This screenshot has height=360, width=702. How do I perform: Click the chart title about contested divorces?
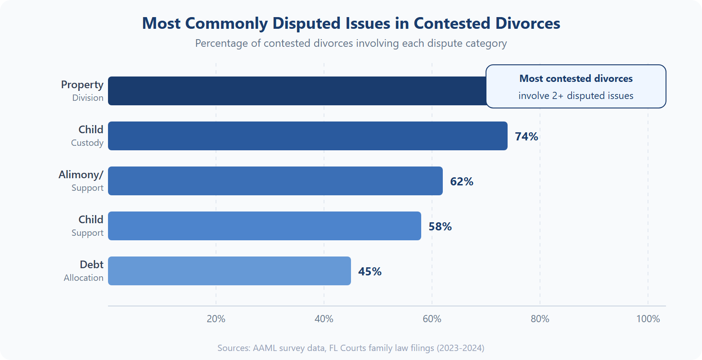coord(351,23)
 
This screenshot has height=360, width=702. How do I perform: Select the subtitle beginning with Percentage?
coord(351,44)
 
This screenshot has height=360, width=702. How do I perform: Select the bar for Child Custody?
coord(308,136)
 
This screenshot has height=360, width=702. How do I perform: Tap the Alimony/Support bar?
coord(275,181)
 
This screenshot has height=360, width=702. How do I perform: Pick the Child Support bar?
coord(265,226)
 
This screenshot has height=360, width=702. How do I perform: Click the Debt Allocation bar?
coord(229,271)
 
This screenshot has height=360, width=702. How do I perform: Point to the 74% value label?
coord(526,136)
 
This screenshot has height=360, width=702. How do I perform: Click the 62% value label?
coord(462,181)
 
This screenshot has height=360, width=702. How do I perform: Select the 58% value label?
coord(440,226)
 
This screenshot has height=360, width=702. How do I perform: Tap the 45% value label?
coord(370,271)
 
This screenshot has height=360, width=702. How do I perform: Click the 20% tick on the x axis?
coord(216,319)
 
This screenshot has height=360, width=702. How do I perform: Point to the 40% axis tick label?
coord(324,319)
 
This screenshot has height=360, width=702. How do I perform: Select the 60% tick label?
coord(432,319)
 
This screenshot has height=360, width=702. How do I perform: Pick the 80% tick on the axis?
coord(540,319)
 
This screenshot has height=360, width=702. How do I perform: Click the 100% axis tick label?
coord(648,319)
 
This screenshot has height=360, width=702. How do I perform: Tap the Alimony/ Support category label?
coord(81,181)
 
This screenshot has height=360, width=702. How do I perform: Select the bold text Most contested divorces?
coord(576,79)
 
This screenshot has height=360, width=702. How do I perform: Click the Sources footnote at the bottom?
coord(351,348)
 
